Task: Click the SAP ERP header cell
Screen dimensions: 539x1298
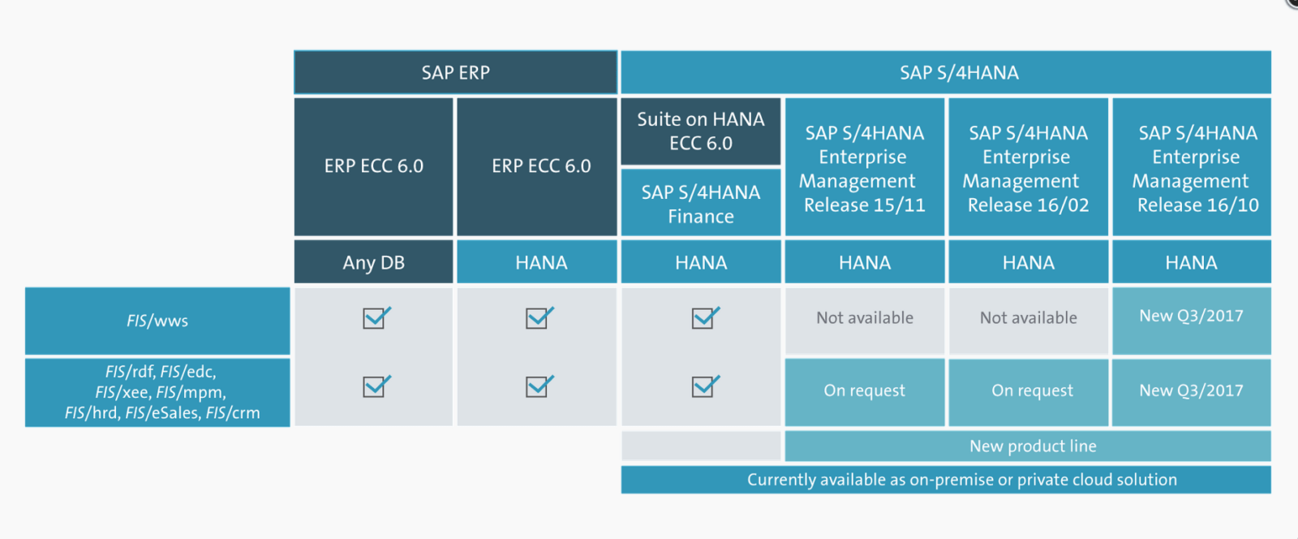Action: (455, 72)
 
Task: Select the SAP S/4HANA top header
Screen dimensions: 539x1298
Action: (945, 72)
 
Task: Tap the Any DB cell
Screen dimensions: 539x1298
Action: (373, 262)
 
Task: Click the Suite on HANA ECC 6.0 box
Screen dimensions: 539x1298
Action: (700, 131)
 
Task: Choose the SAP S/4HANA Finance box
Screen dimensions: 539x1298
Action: (700, 204)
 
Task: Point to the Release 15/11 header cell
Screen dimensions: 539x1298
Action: (864, 168)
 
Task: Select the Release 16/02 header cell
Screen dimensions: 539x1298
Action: (1028, 168)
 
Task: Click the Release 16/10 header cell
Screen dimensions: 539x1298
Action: (1191, 168)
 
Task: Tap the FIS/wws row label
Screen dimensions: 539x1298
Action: (157, 321)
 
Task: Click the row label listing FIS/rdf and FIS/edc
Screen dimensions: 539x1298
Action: (157, 392)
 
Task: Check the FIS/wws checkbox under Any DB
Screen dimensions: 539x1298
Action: (376, 317)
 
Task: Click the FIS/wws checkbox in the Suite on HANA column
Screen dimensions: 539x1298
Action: (704, 317)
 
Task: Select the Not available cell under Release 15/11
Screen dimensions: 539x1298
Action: (864, 318)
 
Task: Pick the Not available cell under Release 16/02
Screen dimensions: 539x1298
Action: (1028, 318)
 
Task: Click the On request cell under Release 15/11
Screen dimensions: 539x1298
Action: (864, 391)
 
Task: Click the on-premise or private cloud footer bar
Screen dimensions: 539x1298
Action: (945, 480)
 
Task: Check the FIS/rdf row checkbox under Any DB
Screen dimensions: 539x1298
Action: (376, 386)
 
